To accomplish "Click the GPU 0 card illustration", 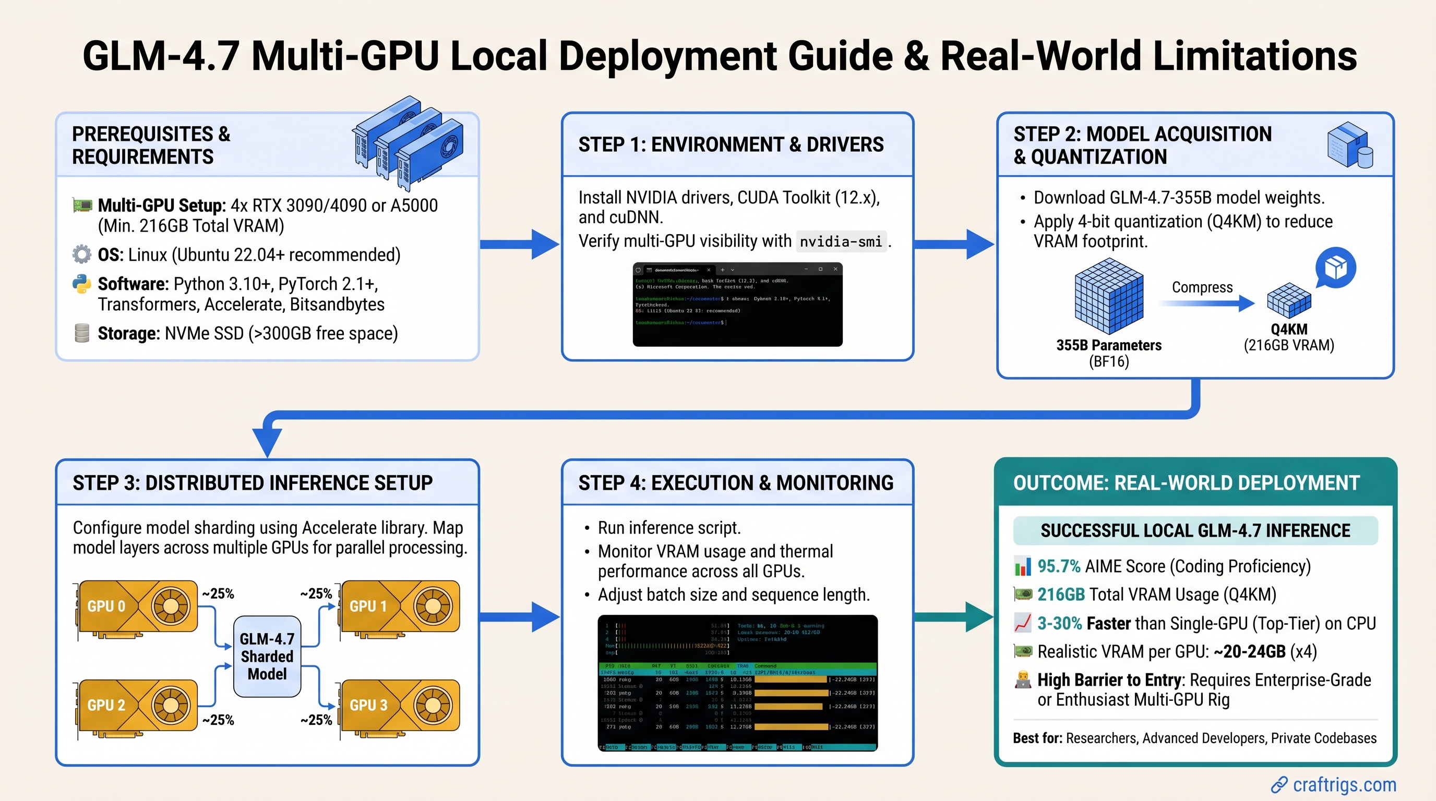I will pos(137,607).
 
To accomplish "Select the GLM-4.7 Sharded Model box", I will pos(267,656).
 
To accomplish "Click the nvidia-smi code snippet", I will pos(841,241).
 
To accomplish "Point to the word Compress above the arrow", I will pos(1202,287).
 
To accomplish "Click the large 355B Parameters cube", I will pos(1108,296).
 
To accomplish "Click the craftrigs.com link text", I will pos(1344,784).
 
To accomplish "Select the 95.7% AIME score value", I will pos(1059,566).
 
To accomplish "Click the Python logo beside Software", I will pos(82,284).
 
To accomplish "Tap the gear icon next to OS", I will pos(82,254).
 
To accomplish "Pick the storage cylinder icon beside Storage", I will pos(82,333).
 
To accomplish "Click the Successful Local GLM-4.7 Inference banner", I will pos(1194,531).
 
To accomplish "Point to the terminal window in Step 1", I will pos(737,305).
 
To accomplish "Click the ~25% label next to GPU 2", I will pos(218,720).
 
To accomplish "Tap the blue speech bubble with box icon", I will pos(1336,268).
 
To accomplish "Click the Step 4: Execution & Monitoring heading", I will pos(736,483).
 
